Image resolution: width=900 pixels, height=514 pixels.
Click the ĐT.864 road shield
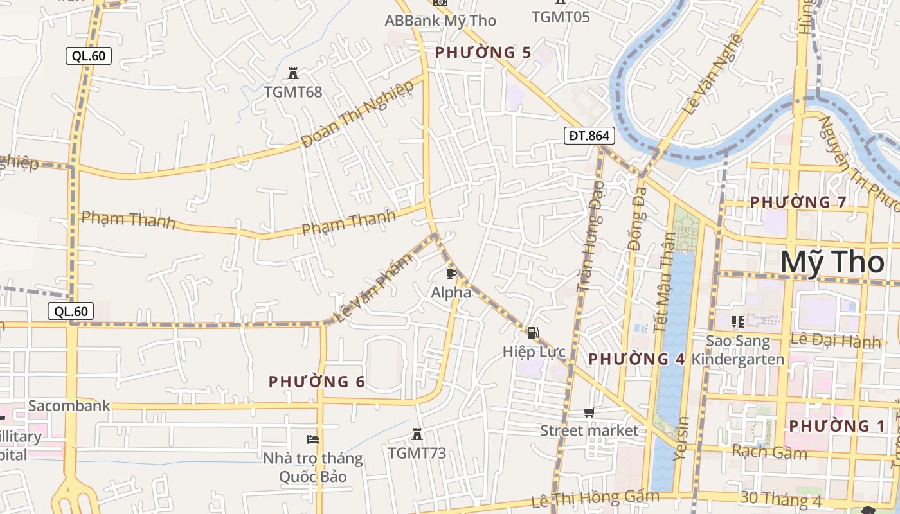pos(589,136)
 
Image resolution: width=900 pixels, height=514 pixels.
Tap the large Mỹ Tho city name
pos(833,263)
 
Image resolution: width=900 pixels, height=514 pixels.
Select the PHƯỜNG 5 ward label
pos(483,52)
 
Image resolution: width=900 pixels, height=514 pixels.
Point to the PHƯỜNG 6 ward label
pos(317,382)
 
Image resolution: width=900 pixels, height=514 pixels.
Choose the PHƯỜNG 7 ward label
pos(798,202)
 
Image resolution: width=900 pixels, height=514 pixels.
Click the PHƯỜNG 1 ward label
pos(837,426)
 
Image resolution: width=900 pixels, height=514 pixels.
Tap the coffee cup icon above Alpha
pos(451,274)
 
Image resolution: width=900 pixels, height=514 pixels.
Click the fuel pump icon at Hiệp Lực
pos(533,333)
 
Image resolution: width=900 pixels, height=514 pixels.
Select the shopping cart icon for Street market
pos(589,412)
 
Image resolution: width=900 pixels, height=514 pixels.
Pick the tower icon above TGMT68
pos(293,73)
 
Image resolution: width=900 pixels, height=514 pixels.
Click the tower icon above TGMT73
pos(417,434)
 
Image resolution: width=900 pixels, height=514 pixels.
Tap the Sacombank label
pos(69,406)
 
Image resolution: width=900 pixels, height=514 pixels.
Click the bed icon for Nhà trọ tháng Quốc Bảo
pos(313,439)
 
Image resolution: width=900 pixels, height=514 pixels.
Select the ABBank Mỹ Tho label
pos(440,21)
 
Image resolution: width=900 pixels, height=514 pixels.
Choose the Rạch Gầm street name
pos(769,452)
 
